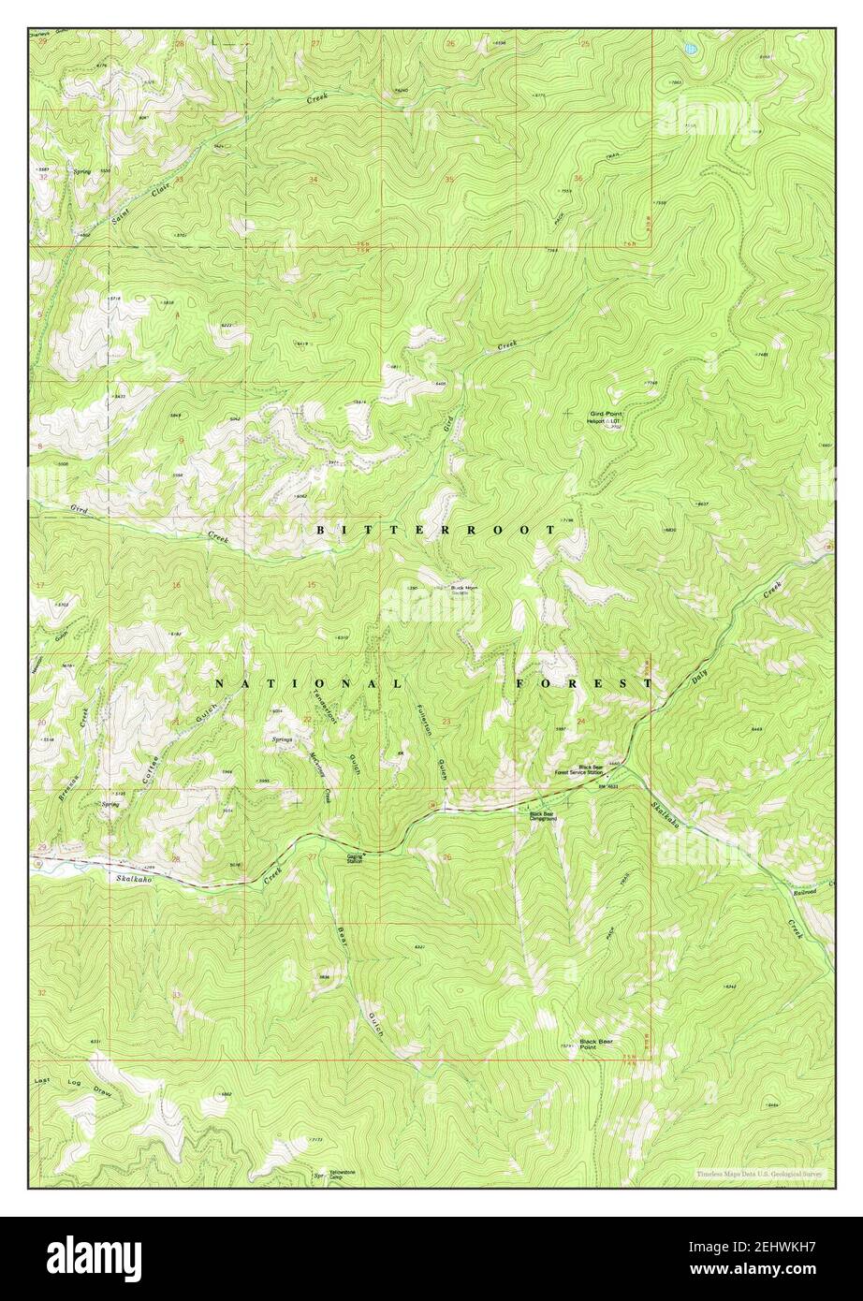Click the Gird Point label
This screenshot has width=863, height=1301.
click(x=606, y=413)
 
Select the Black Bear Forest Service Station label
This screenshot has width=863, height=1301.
click(x=578, y=770)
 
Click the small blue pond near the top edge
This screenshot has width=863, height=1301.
click(x=690, y=47)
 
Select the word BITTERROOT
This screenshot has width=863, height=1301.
click(x=436, y=530)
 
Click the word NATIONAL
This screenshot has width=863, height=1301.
click(x=310, y=684)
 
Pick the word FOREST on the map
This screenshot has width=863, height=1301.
click(x=583, y=684)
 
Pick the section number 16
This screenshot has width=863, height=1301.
click(x=176, y=585)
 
